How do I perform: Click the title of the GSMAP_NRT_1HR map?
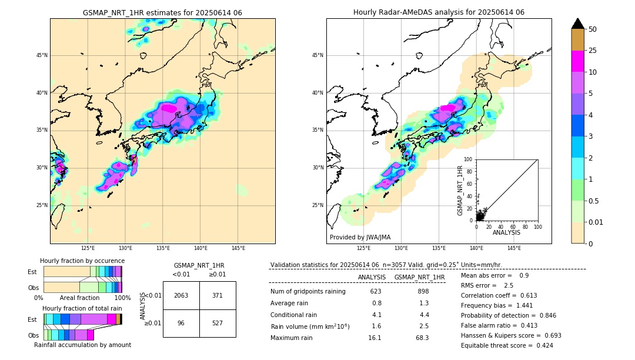162,12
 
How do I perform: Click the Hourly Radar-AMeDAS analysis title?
439,12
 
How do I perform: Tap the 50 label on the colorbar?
593,29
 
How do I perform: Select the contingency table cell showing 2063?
181,295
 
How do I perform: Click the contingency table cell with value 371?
218,295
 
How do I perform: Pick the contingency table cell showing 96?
181,323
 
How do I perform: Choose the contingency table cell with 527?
218,323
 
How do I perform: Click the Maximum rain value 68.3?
423,338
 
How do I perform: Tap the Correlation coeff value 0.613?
525,296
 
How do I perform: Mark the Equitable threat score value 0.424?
542,345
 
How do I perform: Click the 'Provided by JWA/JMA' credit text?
360,238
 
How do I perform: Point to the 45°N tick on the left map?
42,55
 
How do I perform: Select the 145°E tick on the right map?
514,248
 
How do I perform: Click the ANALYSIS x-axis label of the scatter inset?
506,232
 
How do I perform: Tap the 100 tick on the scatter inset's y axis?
469,159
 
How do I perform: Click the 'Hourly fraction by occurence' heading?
82,261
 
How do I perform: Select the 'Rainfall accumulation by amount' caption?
82,345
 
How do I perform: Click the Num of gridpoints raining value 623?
376,291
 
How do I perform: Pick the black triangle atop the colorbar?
578,24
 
